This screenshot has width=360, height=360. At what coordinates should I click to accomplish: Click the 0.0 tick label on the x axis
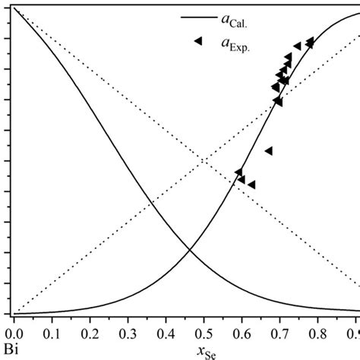point(13,332)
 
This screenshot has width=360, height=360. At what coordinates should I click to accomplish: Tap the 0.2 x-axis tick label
point(90,332)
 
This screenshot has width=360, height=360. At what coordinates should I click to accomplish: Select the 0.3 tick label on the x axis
point(128,332)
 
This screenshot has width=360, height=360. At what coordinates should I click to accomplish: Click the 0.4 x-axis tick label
point(166,332)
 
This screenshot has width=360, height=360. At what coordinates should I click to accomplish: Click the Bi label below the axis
point(9,349)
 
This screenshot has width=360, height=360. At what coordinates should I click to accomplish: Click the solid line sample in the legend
point(196,17)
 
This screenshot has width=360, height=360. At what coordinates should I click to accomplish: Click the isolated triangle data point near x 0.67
point(268,151)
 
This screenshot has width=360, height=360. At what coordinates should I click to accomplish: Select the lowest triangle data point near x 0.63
point(251,185)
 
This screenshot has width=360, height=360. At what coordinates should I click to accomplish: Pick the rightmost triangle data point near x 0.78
point(310,42)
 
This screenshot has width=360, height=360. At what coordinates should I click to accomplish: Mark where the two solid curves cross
point(188,251)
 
